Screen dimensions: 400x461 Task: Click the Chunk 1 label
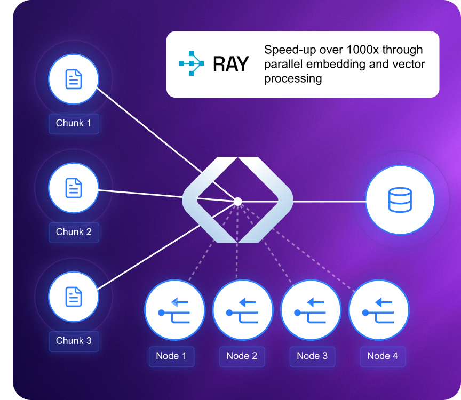74,123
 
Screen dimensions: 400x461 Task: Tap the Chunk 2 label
74,232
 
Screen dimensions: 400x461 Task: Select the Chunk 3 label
74,341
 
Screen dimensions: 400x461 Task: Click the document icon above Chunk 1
74,79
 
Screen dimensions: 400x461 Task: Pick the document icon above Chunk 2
74,188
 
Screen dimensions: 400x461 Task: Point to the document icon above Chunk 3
74,297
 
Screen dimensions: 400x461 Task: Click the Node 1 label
171,356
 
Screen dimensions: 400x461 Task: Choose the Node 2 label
242,356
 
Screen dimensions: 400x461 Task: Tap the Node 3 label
312,356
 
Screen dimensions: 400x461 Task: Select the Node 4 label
383,356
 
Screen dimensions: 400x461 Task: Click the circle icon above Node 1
174,310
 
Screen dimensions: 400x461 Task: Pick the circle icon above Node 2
243,310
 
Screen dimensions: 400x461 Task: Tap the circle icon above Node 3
311,310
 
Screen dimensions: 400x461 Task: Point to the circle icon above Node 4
379,310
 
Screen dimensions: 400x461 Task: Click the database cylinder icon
400,201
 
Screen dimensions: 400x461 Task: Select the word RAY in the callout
230,65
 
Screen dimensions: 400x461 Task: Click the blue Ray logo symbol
191,64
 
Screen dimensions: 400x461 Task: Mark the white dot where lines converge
238,201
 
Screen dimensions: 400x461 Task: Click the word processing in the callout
293,79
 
